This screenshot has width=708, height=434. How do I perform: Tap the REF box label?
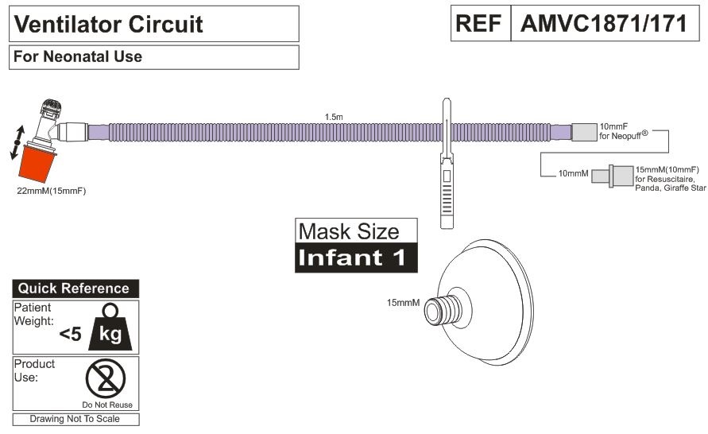click(x=481, y=24)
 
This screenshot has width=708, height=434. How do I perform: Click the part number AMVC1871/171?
click(x=603, y=24)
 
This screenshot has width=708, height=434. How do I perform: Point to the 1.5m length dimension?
click(x=334, y=117)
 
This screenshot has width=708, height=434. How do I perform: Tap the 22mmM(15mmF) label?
click(x=51, y=191)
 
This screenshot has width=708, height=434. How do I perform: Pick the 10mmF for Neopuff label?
click(x=625, y=130)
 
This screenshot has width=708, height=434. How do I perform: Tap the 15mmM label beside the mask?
click(x=403, y=303)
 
